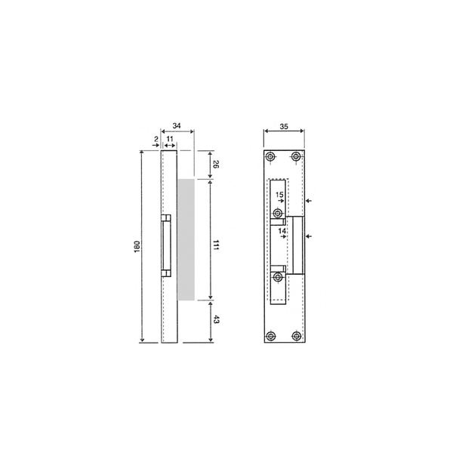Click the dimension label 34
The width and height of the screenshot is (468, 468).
177,125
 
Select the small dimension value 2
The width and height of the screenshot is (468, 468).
156,139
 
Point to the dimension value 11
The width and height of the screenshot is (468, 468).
171,139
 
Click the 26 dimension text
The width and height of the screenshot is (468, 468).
216,165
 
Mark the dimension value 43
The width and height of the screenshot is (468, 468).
216,321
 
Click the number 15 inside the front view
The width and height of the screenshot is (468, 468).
279,195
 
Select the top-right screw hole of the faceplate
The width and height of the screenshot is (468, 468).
297,156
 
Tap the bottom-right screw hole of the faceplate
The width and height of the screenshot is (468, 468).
297,336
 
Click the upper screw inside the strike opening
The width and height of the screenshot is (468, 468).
278,214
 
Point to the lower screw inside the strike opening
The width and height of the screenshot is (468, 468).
278,278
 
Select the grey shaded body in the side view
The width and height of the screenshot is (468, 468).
186,239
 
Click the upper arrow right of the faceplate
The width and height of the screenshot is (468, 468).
313,201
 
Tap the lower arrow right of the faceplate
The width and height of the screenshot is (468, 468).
313,237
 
